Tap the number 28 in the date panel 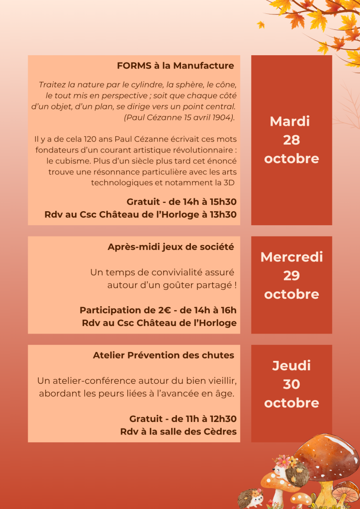(291, 140)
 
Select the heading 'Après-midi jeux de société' (171, 247)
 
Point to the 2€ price (152, 310)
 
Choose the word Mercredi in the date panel (291, 257)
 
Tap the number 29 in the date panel (291, 275)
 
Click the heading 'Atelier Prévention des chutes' (163, 355)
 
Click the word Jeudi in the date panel (291, 366)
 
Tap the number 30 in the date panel (291, 384)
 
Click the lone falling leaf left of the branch (261, 24)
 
